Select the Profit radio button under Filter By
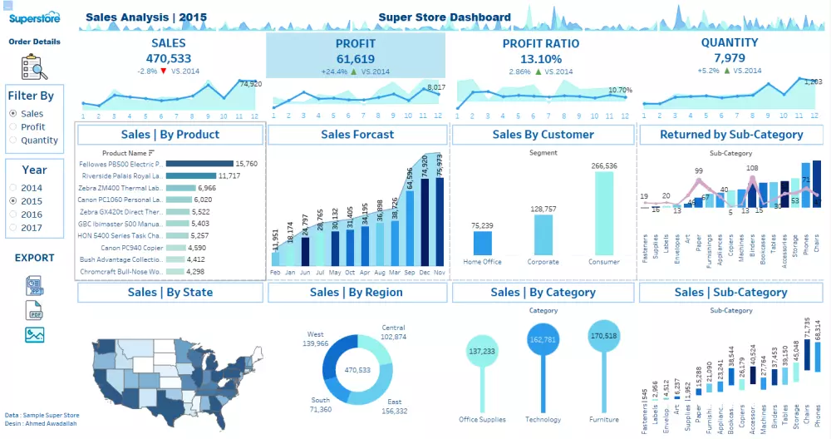(12, 127)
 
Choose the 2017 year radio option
(12, 228)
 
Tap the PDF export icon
(35, 311)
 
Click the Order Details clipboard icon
(34, 66)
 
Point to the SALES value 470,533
(169, 58)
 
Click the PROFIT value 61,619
(355, 58)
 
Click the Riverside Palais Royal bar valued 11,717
(190, 176)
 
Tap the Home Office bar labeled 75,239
(483, 243)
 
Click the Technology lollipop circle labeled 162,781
(541, 340)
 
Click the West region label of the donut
(316, 334)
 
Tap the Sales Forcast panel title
(357, 135)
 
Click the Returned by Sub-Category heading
(731, 135)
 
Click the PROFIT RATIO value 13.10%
(541, 59)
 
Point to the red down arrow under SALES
(164, 72)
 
